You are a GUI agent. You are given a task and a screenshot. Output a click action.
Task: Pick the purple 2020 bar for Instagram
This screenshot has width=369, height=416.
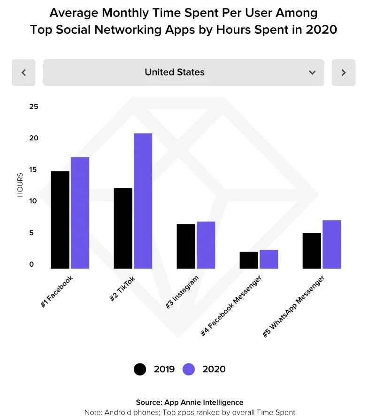point(206,245)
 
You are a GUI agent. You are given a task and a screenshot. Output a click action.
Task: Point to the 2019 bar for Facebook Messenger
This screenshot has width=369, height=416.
point(249,260)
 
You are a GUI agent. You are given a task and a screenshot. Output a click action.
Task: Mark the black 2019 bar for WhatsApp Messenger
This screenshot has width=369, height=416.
point(312,251)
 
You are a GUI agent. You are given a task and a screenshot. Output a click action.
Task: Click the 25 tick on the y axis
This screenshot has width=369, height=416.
point(33,107)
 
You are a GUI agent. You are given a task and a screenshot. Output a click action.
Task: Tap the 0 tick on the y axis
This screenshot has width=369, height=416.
point(31,264)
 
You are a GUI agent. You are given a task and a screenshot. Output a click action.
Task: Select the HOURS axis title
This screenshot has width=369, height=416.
point(20,185)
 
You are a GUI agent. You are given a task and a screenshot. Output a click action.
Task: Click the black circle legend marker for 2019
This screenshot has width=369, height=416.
point(140,369)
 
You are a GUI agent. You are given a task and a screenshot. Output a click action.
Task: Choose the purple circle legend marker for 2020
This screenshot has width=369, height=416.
point(189,369)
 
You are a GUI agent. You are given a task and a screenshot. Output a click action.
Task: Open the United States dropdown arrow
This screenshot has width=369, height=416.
point(312,72)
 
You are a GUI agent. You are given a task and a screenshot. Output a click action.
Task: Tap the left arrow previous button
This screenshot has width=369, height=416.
point(23,72)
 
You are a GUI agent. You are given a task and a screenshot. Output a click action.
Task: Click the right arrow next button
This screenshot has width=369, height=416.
point(344,72)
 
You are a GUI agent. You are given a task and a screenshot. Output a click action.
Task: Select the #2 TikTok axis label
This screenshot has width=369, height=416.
point(123,289)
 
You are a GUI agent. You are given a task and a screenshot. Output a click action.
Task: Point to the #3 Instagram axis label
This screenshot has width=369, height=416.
point(182,292)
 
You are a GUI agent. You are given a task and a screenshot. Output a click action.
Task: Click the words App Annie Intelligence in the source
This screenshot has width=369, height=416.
point(204,402)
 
